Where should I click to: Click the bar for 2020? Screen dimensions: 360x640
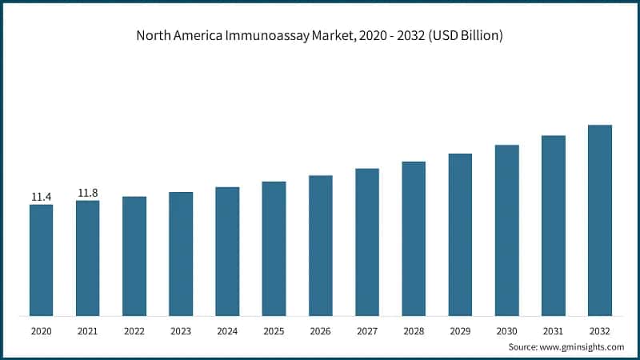[x=42, y=260]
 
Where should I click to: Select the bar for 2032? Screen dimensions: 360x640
[x=600, y=220]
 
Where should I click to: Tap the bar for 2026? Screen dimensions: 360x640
[x=321, y=245]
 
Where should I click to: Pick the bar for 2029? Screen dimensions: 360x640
[x=460, y=234]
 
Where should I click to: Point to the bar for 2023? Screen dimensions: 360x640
[x=181, y=254]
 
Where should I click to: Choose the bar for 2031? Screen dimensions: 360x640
[x=554, y=225]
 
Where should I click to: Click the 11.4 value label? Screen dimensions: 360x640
[x=42, y=197]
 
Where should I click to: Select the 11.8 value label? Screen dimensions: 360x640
[x=88, y=193]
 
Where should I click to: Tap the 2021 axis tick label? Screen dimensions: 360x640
[x=88, y=330]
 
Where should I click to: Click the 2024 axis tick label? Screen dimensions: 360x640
[x=227, y=330]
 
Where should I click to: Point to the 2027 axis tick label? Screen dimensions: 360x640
[x=367, y=330]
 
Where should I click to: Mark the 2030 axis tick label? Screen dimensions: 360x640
[x=506, y=330]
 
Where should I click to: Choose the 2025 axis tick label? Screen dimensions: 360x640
[x=274, y=330]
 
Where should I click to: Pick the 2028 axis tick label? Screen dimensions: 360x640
[x=414, y=330]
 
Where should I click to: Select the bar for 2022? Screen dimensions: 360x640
[x=134, y=256]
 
